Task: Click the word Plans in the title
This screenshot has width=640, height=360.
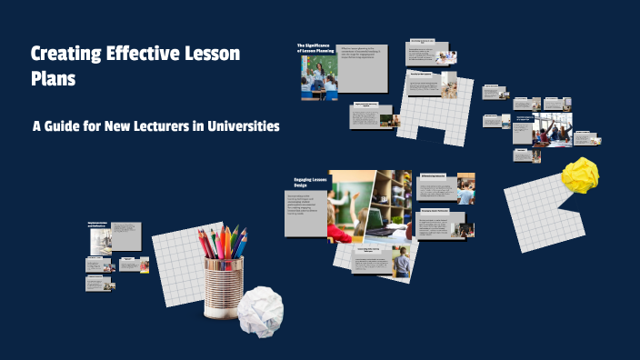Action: [x=53, y=79]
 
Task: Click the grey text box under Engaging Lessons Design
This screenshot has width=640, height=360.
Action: [x=305, y=213]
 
